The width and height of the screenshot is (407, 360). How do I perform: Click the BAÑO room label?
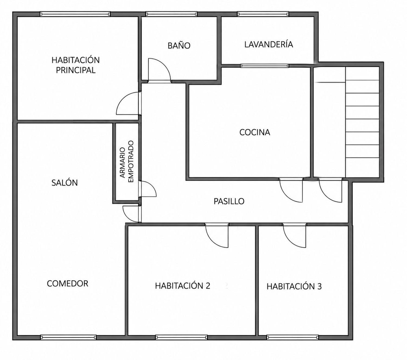point(179,46)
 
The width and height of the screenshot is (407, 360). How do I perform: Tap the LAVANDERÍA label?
point(269,44)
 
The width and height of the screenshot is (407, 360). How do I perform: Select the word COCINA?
point(255,132)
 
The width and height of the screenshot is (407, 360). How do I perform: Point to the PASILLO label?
point(229,201)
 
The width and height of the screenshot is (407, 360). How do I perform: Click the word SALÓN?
point(65,182)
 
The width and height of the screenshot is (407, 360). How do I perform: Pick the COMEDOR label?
point(68,283)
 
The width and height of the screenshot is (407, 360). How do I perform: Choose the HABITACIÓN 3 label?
point(294,286)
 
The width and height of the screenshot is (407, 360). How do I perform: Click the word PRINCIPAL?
point(75,70)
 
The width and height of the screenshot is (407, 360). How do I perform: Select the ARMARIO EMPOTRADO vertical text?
point(126,162)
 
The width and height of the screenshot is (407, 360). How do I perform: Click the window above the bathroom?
point(171,14)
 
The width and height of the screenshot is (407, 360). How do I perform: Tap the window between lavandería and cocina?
point(265,66)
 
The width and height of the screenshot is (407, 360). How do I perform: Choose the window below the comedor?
point(68,337)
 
